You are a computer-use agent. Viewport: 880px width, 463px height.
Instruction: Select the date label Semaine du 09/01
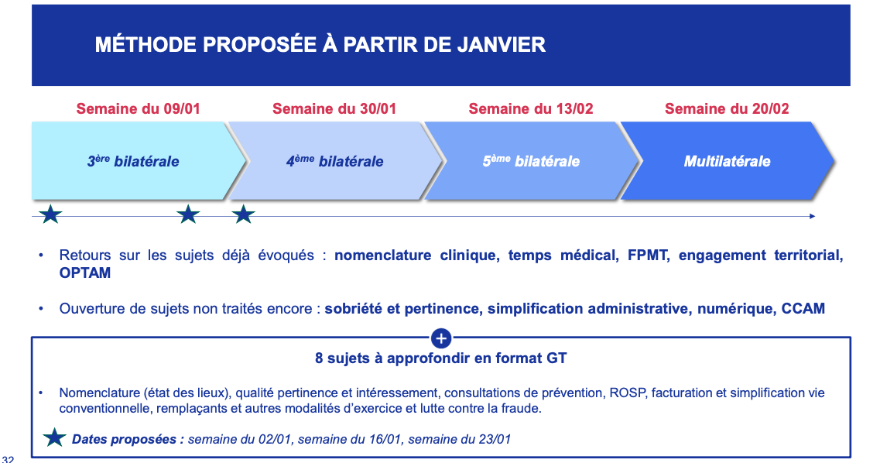138,109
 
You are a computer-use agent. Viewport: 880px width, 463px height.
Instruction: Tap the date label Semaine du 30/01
334,109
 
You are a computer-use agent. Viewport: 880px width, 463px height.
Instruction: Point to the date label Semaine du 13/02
531,109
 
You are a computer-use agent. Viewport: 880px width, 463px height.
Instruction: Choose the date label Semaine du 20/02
727,109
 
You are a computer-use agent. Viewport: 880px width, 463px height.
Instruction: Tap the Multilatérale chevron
728,161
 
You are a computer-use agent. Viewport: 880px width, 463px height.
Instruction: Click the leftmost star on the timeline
50,214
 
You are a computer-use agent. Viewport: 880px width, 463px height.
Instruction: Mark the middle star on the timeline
188,214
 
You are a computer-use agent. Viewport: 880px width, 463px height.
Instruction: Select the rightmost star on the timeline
244,214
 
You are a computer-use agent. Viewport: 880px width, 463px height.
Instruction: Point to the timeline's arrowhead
812,216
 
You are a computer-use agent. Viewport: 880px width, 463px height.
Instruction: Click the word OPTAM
84,273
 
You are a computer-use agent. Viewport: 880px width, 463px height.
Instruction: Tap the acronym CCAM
803,309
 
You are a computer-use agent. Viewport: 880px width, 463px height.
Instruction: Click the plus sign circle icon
441,338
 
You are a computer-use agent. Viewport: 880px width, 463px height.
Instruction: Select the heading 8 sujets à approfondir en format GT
441,358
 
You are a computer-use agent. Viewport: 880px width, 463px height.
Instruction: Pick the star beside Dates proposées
54,437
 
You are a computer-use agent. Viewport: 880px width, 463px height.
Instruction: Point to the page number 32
8,458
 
